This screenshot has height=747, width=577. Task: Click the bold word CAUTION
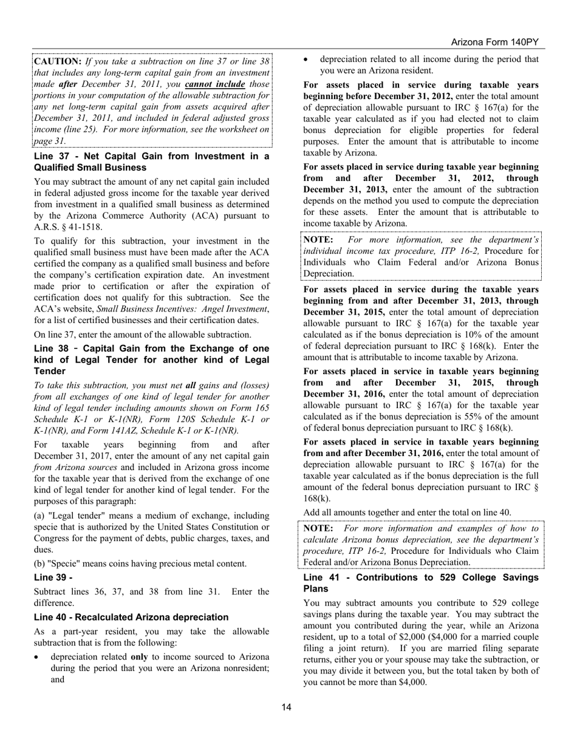point(58,61)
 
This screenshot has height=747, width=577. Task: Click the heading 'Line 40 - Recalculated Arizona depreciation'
point(131,617)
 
